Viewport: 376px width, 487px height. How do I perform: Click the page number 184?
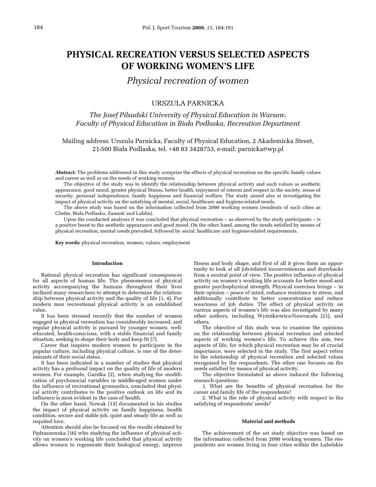point(39,27)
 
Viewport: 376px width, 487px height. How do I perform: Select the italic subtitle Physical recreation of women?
point(188,80)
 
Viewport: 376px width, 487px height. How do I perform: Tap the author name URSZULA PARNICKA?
point(188,103)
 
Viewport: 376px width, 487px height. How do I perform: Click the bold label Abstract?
point(66,172)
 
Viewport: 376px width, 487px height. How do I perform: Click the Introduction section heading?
point(107,263)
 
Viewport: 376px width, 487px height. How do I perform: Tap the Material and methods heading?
point(268,421)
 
